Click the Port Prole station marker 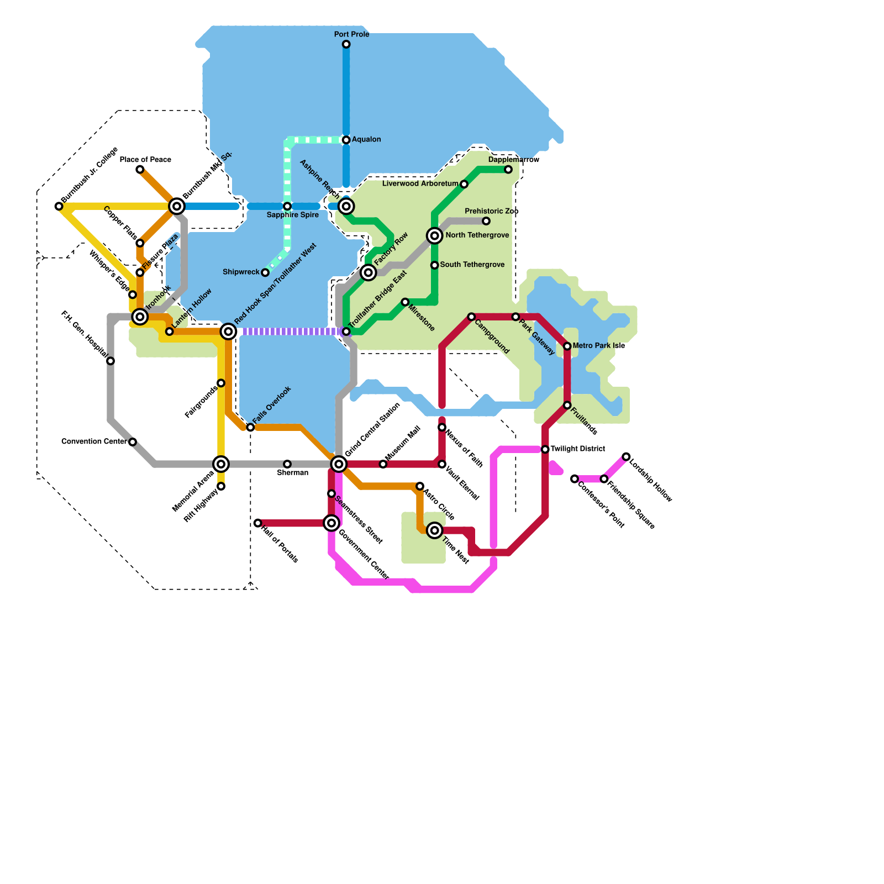pyautogui.click(x=346, y=44)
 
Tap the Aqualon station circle pyautogui.click(x=346, y=140)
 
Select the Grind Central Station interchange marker pyautogui.click(x=339, y=464)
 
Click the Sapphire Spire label pyautogui.click(x=292, y=215)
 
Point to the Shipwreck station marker pyautogui.click(x=265, y=272)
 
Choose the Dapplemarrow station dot pyautogui.click(x=508, y=170)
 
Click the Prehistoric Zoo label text pyautogui.click(x=491, y=211)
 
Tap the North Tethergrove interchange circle pyautogui.click(x=435, y=236)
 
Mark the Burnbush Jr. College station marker pyautogui.click(x=59, y=206)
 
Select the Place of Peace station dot pyautogui.click(x=140, y=170)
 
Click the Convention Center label pyautogui.click(x=94, y=441)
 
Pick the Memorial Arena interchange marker pyautogui.click(x=221, y=464)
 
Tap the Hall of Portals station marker pyautogui.click(x=257, y=523)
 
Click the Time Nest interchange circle pyautogui.click(x=435, y=530)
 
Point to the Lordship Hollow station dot pyautogui.click(x=626, y=456)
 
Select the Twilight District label pyautogui.click(x=577, y=449)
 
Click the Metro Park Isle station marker pyautogui.click(x=567, y=346)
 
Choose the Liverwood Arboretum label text pyautogui.click(x=420, y=183)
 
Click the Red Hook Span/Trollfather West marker pyautogui.click(x=228, y=331)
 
